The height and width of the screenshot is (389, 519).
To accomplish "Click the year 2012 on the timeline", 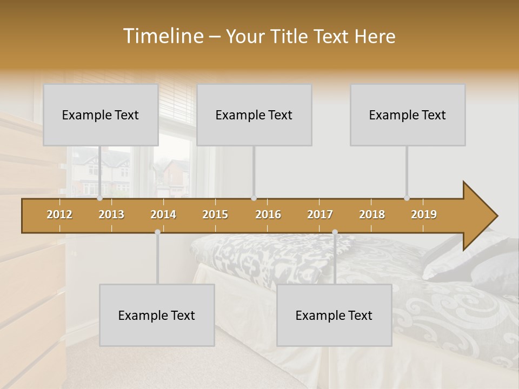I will [x=59, y=214].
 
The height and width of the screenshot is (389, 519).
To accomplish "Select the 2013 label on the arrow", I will [x=111, y=214].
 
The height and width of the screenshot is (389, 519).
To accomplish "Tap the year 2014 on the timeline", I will [x=163, y=214].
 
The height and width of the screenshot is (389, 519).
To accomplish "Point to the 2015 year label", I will [x=215, y=214].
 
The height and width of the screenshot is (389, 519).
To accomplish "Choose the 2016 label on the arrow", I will [x=268, y=214].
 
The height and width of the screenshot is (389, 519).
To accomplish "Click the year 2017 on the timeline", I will [x=320, y=214].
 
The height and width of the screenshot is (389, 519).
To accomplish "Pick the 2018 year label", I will [x=372, y=214].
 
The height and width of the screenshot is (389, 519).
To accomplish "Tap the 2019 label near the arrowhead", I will [x=424, y=214].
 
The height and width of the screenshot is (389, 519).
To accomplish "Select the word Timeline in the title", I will [x=162, y=36].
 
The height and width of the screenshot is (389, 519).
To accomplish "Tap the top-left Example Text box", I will [x=101, y=115].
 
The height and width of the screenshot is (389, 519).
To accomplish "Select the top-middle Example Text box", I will [x=254, y=115].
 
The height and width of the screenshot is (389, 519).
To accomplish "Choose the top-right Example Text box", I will [x=408, y=115].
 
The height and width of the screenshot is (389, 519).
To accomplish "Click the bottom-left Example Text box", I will [x=157, y=315].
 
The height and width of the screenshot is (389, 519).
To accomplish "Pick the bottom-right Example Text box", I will [x=334, y=315].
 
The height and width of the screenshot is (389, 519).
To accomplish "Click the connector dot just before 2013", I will [x=100, y=198].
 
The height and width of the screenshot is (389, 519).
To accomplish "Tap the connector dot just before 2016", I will [x=254, y=198].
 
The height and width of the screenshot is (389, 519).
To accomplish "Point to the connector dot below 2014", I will [x=157, y=232].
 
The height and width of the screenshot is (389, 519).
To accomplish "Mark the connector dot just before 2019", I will [x=407, y=198].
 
